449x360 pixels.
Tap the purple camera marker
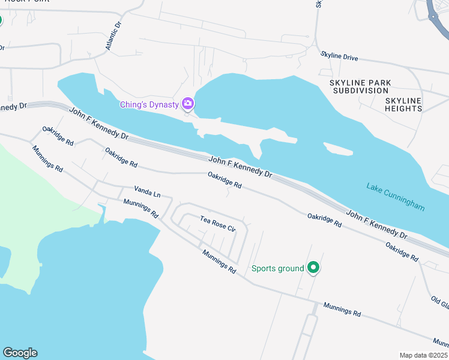(x=188, y=104)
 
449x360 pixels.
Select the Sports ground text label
(x=277, y=268)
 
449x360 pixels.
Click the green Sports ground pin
(x=313, y=268)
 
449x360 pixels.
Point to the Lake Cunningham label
(x=396, y=197)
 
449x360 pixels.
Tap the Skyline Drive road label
(x=339, y=56)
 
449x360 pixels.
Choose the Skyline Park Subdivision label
(x=360, y=86)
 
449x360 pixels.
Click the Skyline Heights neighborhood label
(x=403, y=104)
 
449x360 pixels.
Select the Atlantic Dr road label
(x=113, y=36)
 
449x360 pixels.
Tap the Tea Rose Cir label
(x=218, y=224)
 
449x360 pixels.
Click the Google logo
(x=20, y=353)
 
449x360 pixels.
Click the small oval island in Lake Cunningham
(x=338, y=148)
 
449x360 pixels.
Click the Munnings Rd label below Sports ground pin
(x=342, y=309)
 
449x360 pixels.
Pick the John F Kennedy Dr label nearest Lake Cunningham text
(x=376, y=224)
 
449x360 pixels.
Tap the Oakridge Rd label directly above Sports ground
(x=324, y=220)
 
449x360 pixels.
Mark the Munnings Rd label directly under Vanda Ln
(x=140, y=208)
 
